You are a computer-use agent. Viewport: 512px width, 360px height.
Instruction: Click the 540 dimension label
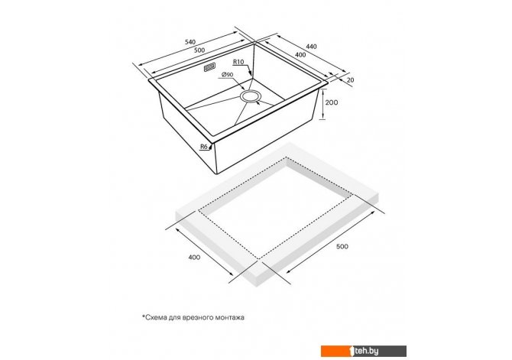point(190,42)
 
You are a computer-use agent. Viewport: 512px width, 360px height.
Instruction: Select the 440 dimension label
point(311,47)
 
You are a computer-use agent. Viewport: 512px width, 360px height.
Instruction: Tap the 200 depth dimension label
point(332,102)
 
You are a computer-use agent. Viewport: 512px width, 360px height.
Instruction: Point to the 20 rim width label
point(351,79)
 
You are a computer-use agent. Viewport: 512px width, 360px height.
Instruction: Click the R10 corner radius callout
point(238,62)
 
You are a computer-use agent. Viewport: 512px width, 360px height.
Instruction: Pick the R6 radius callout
point(204,147)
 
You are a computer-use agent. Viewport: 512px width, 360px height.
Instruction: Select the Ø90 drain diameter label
point(227,75)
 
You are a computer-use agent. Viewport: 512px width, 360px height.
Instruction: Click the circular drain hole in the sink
point(251,97)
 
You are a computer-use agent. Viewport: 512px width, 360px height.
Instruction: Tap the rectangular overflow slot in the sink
point(209,67)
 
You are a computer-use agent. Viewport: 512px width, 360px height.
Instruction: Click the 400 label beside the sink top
point(300,55)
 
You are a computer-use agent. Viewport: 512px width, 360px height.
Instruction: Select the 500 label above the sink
point(199,50)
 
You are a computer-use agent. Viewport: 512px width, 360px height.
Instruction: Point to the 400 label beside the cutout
point(194,258)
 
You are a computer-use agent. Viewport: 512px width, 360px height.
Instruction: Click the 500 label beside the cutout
point(342,246)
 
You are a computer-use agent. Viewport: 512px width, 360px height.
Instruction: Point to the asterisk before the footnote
point(143,316)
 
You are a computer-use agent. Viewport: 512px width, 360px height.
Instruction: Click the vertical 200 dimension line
point(323,105)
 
